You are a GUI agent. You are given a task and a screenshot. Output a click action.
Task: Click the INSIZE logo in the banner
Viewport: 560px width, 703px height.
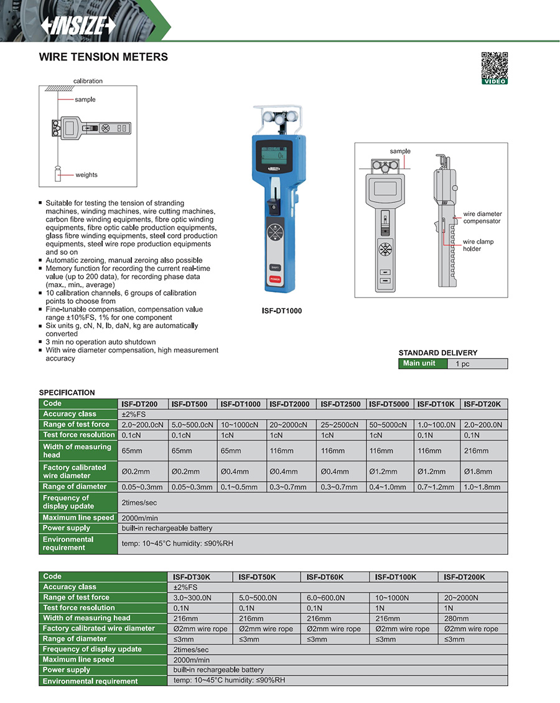pos(78,24)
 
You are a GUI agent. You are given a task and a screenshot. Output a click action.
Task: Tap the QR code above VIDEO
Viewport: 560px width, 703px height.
pos(495,65)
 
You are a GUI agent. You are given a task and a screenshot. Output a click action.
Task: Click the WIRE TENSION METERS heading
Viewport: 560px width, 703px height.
pos(103,57)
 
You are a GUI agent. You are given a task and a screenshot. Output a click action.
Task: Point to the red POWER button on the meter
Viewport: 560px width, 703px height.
pos(274,280)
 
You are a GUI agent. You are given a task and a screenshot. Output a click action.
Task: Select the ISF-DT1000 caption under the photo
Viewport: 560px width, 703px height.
pos(282,311)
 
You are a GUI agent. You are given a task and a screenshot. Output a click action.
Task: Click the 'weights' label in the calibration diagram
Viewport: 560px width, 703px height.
pos(86,175)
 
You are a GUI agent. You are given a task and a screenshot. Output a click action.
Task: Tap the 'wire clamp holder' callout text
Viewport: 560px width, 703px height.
pos(476,245)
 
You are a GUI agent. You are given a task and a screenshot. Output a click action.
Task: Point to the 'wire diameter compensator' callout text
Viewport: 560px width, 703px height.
pos(482,218)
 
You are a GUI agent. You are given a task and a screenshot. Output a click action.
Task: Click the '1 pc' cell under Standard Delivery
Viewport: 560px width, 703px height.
pos(462,364)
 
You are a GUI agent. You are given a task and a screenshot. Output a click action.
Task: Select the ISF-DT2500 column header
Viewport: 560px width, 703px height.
pos(340,404)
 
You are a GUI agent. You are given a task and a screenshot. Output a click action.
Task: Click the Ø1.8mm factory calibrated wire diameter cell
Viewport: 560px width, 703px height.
pos(478,471)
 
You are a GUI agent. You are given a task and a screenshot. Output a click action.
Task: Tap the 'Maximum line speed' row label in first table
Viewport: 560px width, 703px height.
pos(78,518)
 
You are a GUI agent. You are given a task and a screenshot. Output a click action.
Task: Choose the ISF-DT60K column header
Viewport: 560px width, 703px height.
pos(326,577)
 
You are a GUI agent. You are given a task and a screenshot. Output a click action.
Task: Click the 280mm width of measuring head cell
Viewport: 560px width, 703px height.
pos(456,619)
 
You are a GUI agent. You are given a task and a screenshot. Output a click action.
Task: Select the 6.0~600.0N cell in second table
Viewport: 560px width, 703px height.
pos(326,598)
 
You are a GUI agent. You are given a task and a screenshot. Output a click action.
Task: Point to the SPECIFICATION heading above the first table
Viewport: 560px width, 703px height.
pos(67,393)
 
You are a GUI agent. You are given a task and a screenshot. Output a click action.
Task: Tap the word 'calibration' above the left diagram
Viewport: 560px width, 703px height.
pos(88,81)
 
